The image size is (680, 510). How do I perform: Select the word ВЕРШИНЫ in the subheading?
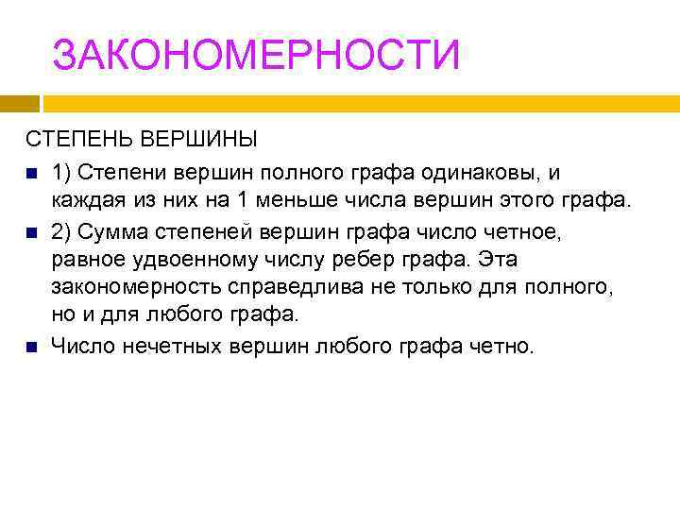click(198, 140)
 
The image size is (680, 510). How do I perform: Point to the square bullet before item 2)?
click(31, 232)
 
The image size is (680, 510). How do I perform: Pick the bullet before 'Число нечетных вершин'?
click(31, 348)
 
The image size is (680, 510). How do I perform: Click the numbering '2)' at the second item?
click(63, 231)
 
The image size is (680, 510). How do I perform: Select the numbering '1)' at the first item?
click(63, 173)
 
